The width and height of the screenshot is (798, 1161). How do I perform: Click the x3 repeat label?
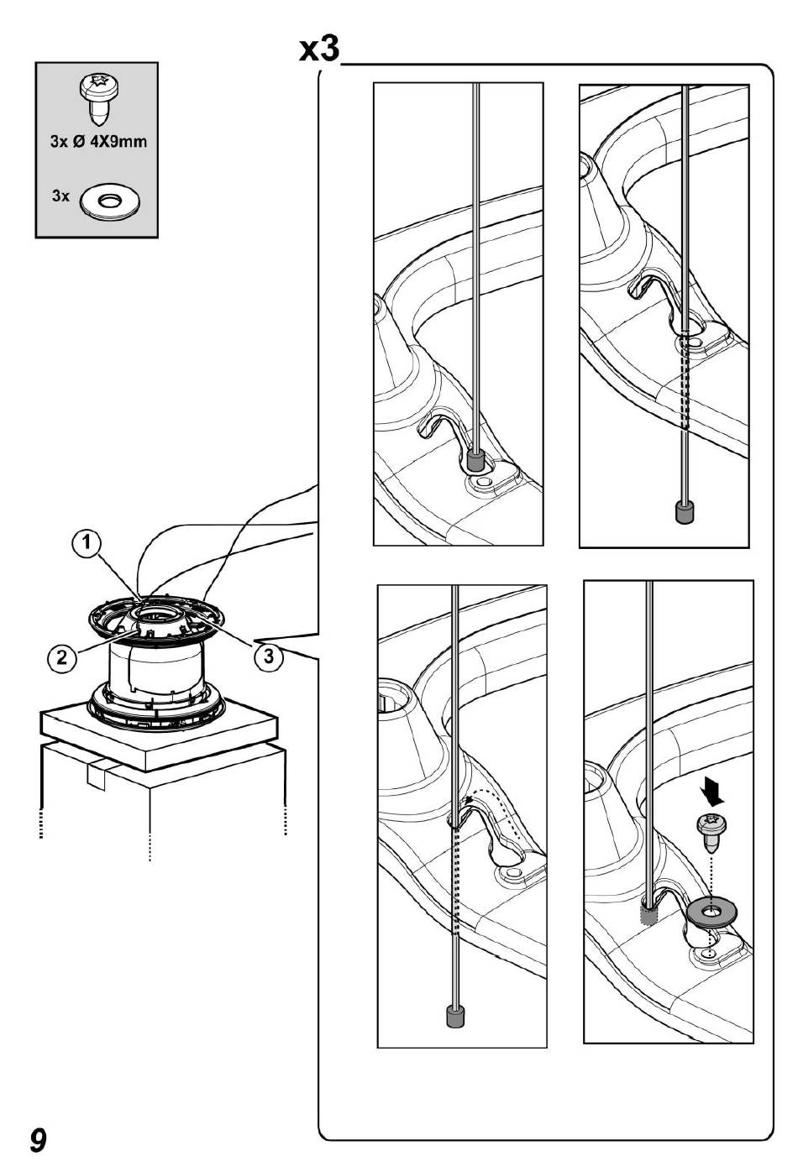coord(319,50)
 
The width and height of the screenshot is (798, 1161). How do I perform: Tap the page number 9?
coord(39,1138)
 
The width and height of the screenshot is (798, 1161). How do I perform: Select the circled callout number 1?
coord(86,542)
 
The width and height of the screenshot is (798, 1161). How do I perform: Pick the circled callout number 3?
coord(268,656)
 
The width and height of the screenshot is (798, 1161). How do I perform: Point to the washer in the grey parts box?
coord(110,200)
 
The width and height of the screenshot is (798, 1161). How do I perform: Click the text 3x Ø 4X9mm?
coord(98,142)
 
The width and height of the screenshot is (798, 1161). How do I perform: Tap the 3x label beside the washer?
coord(60,196)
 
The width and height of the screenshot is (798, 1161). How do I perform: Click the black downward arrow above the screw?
coord(712,793)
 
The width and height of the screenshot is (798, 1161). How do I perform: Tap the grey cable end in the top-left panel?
coord(475,460)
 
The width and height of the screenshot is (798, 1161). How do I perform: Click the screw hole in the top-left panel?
coord(485,483)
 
